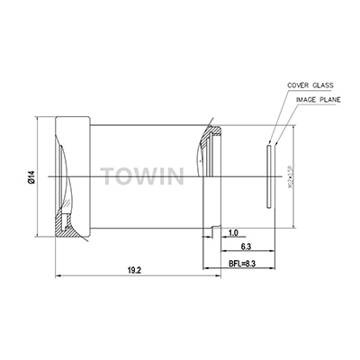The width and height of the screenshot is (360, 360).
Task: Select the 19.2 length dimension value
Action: pos(132,269)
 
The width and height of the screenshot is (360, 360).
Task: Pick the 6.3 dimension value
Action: pos(243,246)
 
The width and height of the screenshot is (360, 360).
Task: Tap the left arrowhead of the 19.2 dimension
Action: pos(58,274)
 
